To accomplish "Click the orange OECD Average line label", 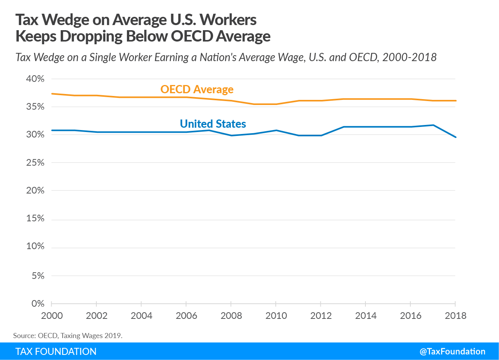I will coord(197,90).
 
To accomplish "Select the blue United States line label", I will coord(213,124).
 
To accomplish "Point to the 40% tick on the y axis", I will coord(35,79).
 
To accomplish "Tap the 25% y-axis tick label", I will coord(35,163).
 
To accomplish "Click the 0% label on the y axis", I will coord(38,304).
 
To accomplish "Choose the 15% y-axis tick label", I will coord(35,219).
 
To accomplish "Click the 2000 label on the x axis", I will coord(51,316).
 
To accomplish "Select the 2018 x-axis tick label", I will coord(455,316).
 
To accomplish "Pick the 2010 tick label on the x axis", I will coord(276,316).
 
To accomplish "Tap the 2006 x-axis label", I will coord(186,316).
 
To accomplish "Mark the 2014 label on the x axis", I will coord(365,316).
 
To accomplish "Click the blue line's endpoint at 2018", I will coord(455,137).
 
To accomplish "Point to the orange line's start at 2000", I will coord(52,94).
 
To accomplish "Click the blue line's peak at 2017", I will coord(433,125).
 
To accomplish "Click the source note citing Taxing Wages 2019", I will coord(68,335).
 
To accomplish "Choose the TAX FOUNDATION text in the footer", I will coord(56,351).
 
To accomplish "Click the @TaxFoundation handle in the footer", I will coord(452,351).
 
